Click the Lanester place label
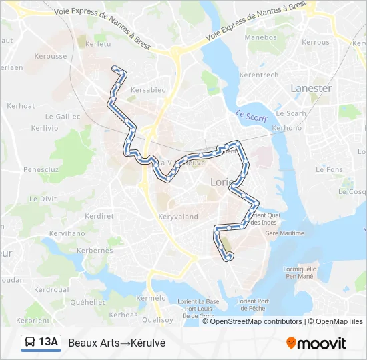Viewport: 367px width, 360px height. [311, 88]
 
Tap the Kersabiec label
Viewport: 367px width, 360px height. [148, 89]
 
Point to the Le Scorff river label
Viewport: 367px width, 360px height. [251, 116]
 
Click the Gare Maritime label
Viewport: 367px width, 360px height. [285, 233]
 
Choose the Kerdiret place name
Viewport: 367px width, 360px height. [99, 215]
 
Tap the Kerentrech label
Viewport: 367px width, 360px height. [258, 75]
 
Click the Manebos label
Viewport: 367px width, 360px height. [260, 37]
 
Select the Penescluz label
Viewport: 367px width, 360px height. [41, 169]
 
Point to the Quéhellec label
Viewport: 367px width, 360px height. [88, 302]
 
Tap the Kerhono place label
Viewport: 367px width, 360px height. [287, 127]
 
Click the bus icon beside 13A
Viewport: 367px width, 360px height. [30, 343]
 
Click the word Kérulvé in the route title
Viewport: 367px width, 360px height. [148, 343]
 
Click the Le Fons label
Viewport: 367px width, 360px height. [330, 169]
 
